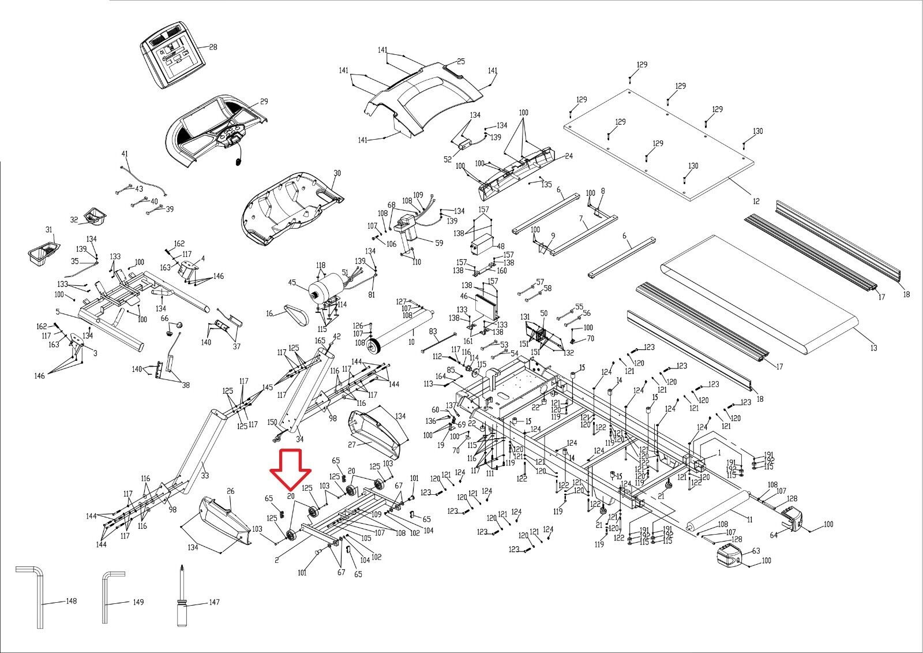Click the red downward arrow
291,468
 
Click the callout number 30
337,173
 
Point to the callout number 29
264,102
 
